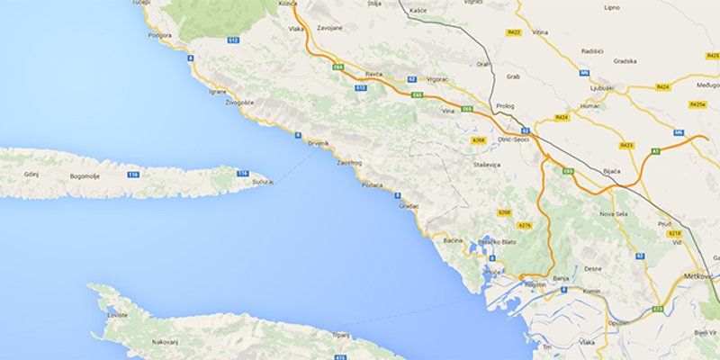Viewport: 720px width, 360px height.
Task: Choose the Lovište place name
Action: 117,316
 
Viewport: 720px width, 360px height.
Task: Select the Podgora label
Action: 159,35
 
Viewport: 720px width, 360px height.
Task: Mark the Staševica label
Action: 487,165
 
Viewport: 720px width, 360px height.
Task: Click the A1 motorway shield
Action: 655,151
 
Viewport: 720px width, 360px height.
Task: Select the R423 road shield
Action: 627,145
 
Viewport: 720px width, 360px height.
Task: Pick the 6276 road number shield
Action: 526,225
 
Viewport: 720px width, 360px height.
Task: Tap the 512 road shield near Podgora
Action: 232,40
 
